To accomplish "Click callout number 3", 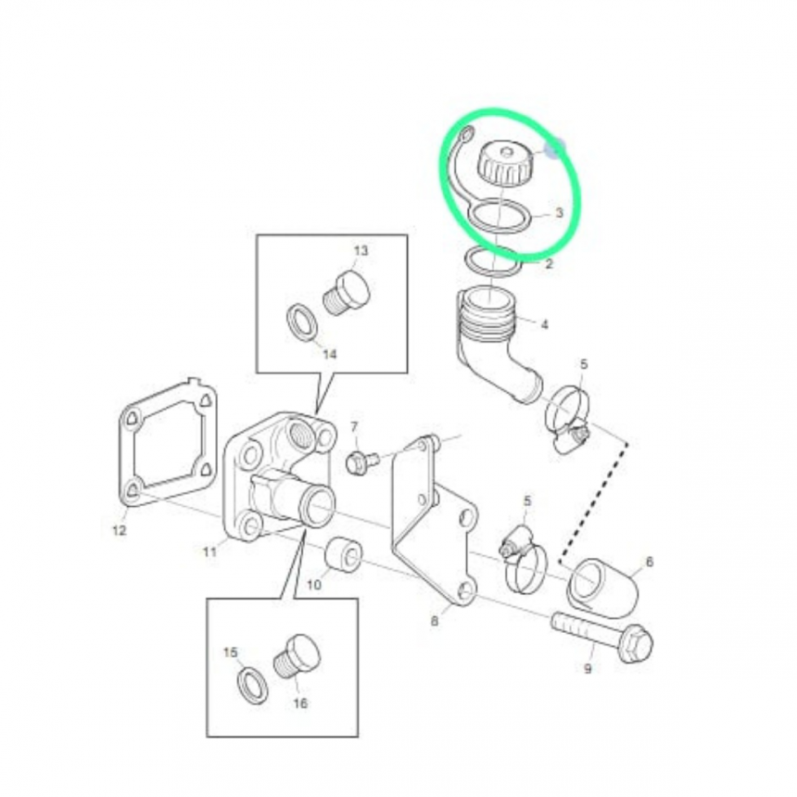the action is coord(559,212).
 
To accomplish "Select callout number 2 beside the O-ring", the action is coord(549,264).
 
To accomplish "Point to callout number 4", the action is coord(544,323).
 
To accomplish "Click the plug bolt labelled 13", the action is coord(347,294).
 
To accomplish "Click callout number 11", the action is coord(210,551).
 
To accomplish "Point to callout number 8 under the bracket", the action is coord(435,621).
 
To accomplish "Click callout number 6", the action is coord(649,562).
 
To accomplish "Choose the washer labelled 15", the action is coord(253,686).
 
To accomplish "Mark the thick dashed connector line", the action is coord(594,503).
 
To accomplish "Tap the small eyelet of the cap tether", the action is coord(465,134).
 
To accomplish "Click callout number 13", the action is coord(361,250).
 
